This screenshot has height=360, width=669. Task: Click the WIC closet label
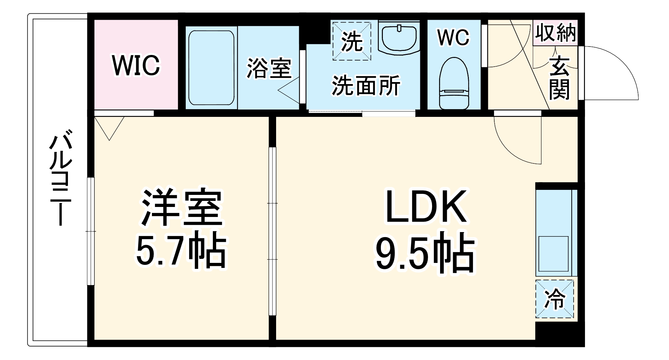tap(136, 65)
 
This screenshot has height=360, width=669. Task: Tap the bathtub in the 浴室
tap(211, 68)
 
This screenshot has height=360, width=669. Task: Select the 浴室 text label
tap(269, 68)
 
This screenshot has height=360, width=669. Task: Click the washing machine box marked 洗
tap(352, 41)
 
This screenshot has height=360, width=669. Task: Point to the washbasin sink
tap(399, 38)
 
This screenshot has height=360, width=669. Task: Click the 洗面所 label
tap(366, 85)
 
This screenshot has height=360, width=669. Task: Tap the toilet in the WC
tap(454, 83)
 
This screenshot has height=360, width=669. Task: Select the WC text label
tap(453, 37)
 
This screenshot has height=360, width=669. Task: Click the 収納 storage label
tap(556, 33)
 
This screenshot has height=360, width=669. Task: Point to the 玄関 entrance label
tap(560, 78)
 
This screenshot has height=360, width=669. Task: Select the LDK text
tap(426, 207)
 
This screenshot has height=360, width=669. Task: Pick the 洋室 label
tap(182, 208)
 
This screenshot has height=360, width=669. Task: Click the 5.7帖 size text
tap(181, 250)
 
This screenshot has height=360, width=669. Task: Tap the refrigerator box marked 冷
tap(555, 299)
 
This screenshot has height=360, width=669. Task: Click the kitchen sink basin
tap(554, 254)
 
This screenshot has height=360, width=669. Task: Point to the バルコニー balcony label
tap(61, 179)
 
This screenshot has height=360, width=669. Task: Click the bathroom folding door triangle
tap(289, 90)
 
